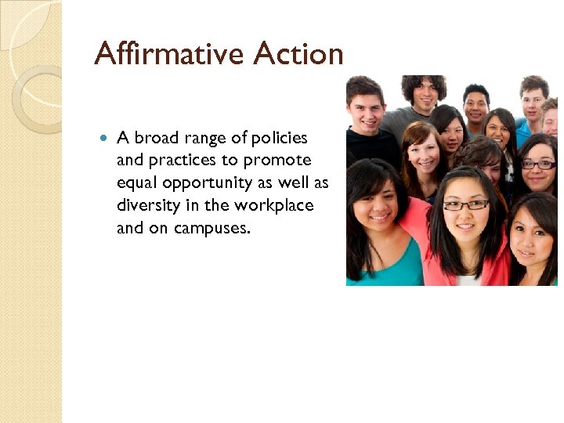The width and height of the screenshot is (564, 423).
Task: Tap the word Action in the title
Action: (x=298, y=54)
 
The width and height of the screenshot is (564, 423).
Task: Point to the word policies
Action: (x=278, y=138)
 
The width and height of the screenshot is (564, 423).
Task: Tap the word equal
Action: (x=136, y=183)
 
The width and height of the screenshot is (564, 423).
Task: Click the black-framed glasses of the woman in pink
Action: (x=465, y=205)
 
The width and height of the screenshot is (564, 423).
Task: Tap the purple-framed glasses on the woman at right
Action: (x=538, y=164)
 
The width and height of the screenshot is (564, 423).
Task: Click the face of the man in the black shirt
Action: (x=367, y=110)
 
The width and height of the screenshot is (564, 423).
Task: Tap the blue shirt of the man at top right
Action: (x=523, y=133)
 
